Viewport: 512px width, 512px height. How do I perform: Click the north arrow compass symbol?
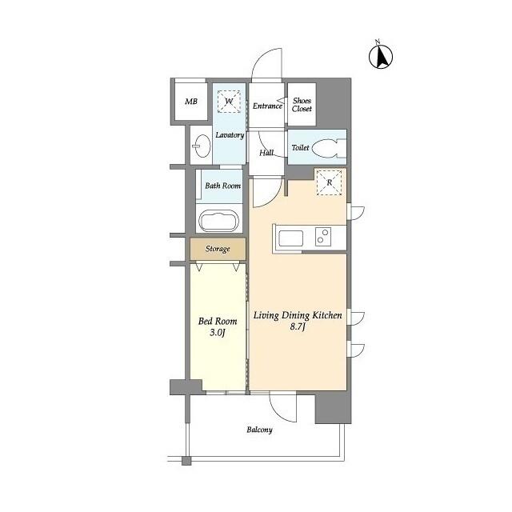(x=382, y=55)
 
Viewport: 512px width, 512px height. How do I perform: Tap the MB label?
(x=190, y=102)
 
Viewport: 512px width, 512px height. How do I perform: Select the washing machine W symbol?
(x=229, y=102)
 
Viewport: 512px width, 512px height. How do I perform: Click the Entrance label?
(x=267, y=106)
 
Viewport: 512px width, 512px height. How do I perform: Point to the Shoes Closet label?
(x=302, y=104)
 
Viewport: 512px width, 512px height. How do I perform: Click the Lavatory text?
(x=229, y=134)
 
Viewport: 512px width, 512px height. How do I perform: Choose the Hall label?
(x=266, y=152)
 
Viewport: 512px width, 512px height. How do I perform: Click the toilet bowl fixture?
(x=329, y=148)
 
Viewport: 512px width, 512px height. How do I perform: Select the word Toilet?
(x=300, y=148)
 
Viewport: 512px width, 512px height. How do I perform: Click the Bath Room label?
(x=222, y=186)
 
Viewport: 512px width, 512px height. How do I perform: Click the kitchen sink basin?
(x=289, y=237)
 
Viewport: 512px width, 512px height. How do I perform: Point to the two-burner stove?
(x=324, y=237)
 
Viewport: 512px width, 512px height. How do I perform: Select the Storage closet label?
(x=218, y=249)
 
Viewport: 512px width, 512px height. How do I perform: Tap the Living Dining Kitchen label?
(x=298, y=322)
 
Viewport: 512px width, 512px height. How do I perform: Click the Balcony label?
(x=259, y=430)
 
